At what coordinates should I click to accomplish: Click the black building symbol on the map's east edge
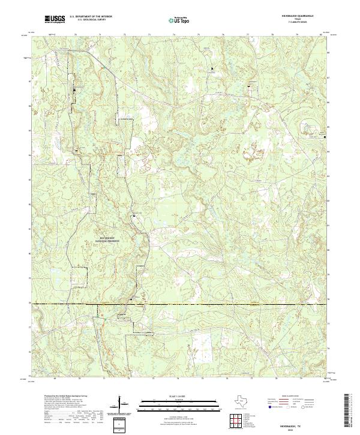(325, 137)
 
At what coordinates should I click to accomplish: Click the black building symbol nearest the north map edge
(212, 69)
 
